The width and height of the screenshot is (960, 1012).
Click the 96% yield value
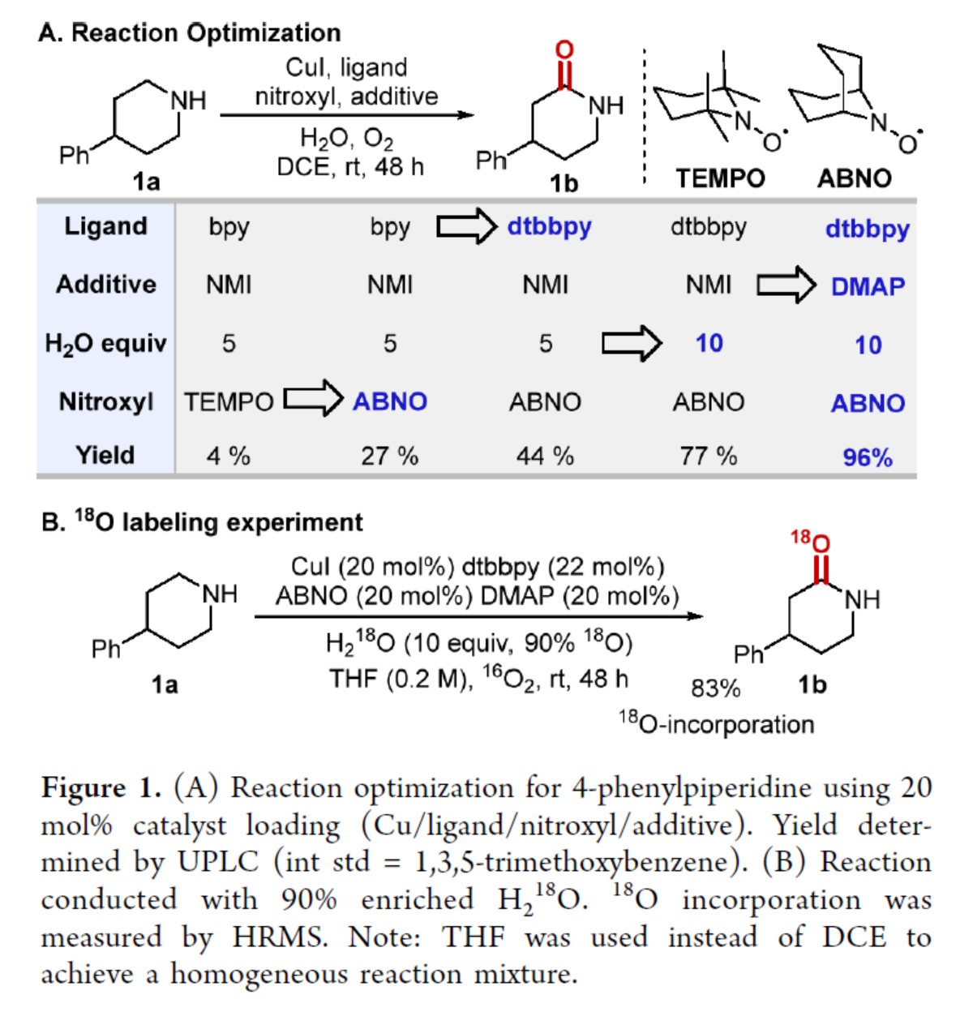867,457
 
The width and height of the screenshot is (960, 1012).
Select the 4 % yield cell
228,456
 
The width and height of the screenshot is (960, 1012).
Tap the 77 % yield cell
708,456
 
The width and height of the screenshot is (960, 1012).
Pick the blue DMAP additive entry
868,286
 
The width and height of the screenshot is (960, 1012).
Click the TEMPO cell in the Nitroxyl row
229,401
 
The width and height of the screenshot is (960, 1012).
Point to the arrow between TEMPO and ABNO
312,399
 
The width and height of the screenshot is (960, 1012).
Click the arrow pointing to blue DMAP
786,285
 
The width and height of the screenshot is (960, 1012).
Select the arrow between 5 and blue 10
631,343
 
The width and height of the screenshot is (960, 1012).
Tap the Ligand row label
105,225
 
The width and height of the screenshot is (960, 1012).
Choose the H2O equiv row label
105,344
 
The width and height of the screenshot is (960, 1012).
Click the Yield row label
105,455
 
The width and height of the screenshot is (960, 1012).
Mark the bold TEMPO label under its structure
720,178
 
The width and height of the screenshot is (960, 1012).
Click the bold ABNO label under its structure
854,178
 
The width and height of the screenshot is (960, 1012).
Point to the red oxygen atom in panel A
564,50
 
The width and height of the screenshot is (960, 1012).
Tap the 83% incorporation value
715,688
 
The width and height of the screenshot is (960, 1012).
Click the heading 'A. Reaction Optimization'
190,32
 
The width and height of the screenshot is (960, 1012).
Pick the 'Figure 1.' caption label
101,787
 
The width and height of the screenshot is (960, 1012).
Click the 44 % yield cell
545,456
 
